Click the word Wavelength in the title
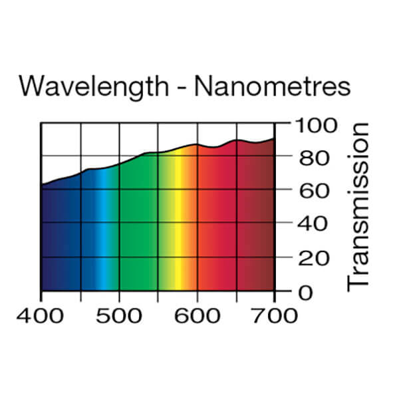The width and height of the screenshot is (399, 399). [x=94, y=87]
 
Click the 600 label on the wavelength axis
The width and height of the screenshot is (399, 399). [x=198, y=315]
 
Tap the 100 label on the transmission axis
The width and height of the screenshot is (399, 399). [x=317, y=124]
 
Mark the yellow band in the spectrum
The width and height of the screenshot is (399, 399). [x=178, y=233]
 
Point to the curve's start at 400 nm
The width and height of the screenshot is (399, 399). [x=42, y=184]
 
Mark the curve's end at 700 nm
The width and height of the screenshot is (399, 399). [x=274, y=139]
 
